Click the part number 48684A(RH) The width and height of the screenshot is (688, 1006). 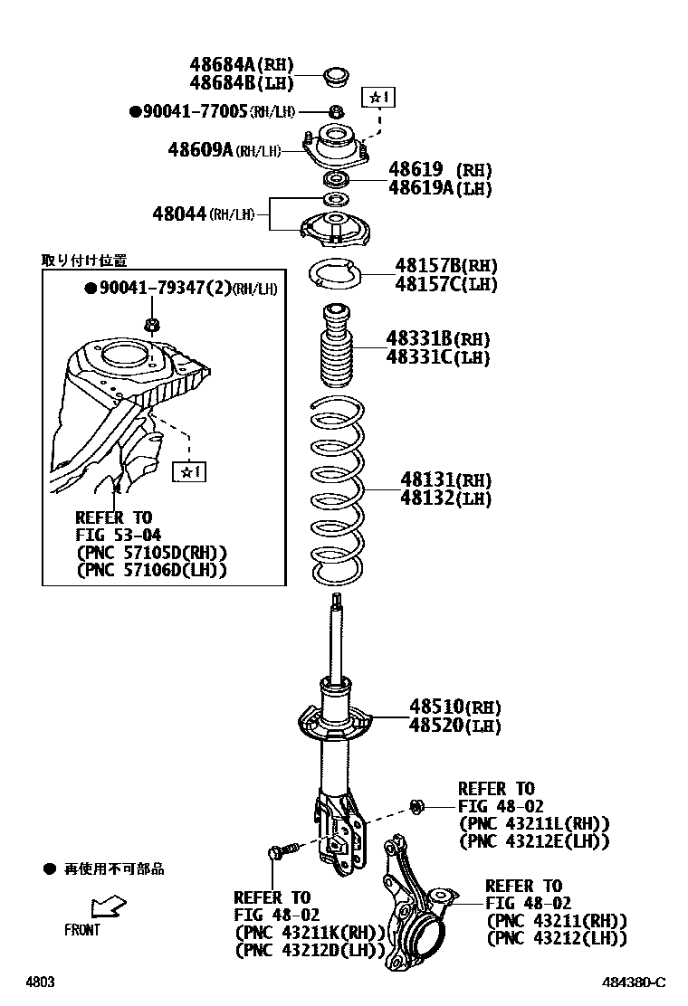[x=242, y=64]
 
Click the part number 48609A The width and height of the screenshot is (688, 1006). [x=200, y=149]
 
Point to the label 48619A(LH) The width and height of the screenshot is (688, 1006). [x=440, y=188]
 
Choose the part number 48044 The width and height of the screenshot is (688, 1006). [x=180, y=214]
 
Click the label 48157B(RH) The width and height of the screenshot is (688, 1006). [x=444, y=265]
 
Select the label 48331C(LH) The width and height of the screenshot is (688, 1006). [x=437, y=357]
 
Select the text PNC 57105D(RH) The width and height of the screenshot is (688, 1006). [x=151, y=552]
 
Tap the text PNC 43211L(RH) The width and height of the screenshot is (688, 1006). [x=534, y=823]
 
